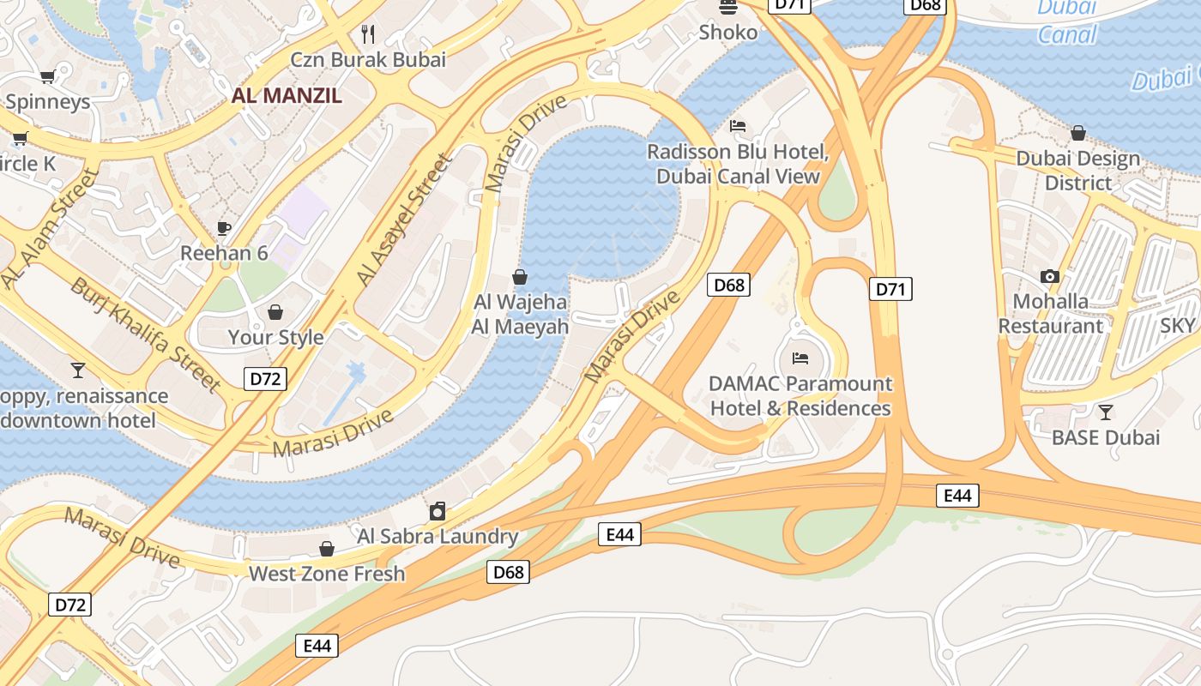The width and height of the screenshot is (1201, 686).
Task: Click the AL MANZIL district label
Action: [x=287, y=95]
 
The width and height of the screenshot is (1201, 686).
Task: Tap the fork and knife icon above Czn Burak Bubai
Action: [x=369, y=34]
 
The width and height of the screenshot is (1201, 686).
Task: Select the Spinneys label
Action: [x=47, y=102]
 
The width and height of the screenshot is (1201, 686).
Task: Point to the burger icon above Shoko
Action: [x=728, y=8]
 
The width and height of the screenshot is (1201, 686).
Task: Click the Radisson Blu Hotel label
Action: [x=738, y=164]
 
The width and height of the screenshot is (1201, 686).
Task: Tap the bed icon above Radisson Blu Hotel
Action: [x=737, y=126]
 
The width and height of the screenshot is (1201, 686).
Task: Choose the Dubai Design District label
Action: [x=1077, y=171]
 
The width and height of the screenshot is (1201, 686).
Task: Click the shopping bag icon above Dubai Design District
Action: [x=1077, y=133]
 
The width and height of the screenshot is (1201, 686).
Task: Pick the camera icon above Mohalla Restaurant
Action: [x=1050, y=276]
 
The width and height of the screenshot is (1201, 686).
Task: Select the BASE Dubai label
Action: [x=1106, y=437]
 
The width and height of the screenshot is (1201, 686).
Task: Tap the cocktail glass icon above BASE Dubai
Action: [x=1106, y=412]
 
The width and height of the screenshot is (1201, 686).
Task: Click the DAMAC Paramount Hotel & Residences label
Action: [x=800, y=396]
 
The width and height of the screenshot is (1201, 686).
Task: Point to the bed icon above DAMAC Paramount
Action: [x=800, y=358]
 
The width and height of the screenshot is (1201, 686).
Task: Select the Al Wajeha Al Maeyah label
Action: [x=520, y=315]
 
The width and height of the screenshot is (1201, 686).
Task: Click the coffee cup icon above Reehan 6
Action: [x=224, y=228]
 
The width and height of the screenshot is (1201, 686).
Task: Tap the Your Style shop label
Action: [x=275, y=337]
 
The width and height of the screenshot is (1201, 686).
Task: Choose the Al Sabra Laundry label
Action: [x=438, y=537]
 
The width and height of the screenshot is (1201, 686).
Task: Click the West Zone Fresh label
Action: [x=326, y=574]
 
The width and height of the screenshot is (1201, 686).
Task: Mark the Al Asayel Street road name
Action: [x=404, y=220]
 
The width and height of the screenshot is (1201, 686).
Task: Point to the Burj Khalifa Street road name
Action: [x=146, y=334]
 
